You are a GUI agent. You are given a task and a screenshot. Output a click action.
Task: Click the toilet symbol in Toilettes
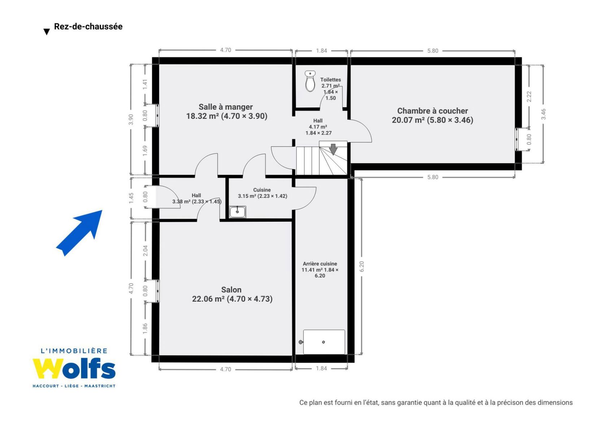click(310, 81)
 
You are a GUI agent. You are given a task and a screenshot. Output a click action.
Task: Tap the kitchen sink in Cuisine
click(237, 212)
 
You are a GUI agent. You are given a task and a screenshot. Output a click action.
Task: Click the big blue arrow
click(79, 233)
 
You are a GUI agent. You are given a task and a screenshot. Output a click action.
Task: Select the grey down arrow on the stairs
click(333, 149)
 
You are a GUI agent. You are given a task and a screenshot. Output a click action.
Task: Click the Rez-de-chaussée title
click(88, 27)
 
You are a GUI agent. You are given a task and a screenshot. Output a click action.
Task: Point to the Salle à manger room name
click(226, 107)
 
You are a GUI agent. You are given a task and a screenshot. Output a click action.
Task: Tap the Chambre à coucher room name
click(432, 111)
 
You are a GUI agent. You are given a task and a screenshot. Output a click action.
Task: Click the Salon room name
click(231, 289)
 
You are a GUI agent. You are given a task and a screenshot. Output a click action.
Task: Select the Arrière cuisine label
click(320, 264)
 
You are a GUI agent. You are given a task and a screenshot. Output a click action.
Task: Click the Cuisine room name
click(262, 190)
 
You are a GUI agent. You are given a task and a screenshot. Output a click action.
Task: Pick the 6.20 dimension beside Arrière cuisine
click(362, 266)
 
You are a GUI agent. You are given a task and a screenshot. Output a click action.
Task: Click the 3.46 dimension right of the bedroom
click(543, 114)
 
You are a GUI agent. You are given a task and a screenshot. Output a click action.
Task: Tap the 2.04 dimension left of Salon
click(145, 250)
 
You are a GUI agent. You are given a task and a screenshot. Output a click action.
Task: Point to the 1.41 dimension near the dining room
click(145, 84)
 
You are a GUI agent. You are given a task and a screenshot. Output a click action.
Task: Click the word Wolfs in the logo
click(74, 368)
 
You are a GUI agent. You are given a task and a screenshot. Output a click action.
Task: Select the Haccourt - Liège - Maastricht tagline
click(74, 386)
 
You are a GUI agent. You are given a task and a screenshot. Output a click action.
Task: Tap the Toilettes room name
click(331, 80)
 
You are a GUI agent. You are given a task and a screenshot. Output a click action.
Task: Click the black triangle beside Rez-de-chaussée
click(47, 32)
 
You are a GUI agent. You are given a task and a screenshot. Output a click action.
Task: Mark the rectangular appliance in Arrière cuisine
click(324, 342)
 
